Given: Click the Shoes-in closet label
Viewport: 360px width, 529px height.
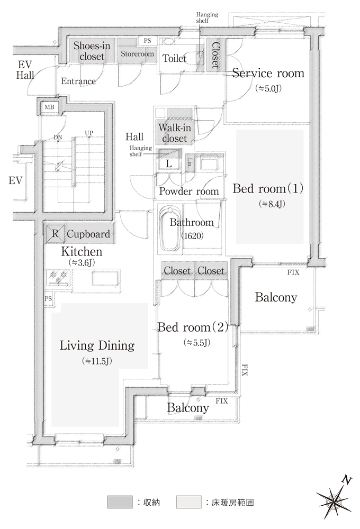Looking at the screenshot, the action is pos(92,51).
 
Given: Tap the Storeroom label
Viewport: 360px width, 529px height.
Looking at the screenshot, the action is pos(137,53).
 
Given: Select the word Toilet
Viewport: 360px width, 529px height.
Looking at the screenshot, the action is pos(175,58).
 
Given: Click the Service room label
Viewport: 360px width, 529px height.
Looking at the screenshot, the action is pos(268,73).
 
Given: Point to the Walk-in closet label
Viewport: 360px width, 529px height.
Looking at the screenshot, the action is pos(175,133).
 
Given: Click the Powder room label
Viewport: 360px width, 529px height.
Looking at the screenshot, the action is pos(189,191).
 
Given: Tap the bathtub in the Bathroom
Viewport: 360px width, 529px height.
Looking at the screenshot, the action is pos(170,230).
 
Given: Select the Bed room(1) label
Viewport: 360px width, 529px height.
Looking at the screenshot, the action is pos(268,188).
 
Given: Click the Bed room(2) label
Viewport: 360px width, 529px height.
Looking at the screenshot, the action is pos(193,327).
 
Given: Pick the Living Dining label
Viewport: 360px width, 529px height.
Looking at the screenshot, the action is pos(97,345).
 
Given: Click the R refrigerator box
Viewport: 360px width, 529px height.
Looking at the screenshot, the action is pos(55,233).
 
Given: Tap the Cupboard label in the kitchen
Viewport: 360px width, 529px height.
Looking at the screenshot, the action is pos(88,234).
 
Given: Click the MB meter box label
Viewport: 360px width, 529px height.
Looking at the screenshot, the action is pos(49,107).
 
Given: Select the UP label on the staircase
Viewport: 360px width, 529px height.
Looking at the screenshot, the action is pos(89,133).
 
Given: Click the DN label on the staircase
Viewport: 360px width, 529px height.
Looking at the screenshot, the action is pos(58,138).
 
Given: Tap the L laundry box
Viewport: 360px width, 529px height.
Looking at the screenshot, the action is pos(169,163).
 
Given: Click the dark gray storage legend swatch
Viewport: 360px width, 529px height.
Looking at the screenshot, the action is pos(120,501).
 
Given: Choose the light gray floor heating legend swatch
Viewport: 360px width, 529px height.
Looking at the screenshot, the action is pos(189,501).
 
